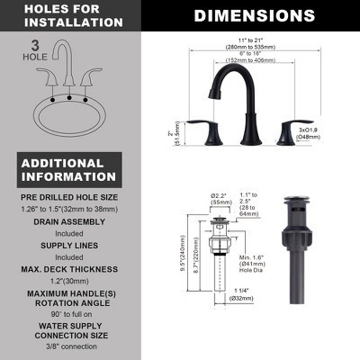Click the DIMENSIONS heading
pos(255,15)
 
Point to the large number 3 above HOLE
pos(31,43)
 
